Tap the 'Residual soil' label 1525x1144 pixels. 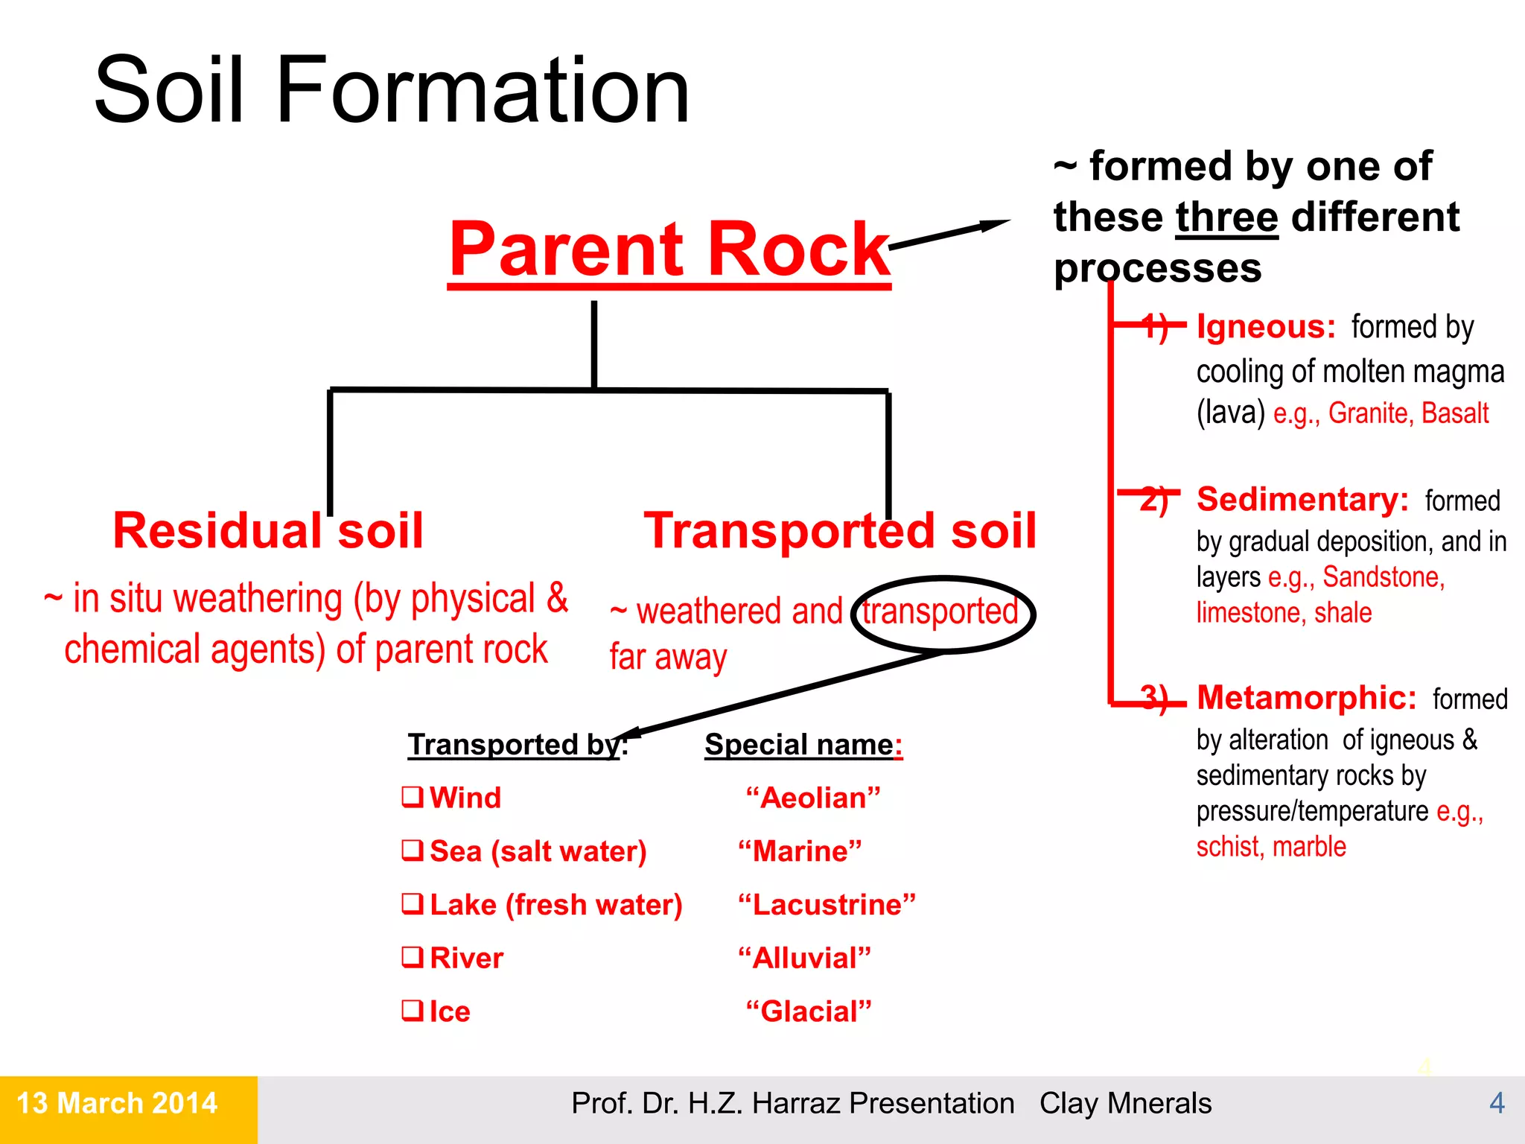coord(268,531)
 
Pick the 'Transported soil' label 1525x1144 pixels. coord(840,531)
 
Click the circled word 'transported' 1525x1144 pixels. coord(940,612)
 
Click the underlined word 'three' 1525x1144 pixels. coord(1226,217)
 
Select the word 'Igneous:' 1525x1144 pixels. coord(1266,327)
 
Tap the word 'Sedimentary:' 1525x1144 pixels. coord(1302,499)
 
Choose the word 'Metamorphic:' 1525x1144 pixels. coord(1306,698)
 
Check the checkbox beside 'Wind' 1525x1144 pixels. coord(412,797)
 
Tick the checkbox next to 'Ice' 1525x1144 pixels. coord(412,1011)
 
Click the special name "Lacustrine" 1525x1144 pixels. coord(827,905)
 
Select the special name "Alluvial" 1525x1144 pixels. coord(804,958)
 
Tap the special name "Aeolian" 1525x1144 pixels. coord(813,798)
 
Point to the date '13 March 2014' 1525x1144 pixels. coord(117,1103)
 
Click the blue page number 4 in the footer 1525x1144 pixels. coord(1497,1103)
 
